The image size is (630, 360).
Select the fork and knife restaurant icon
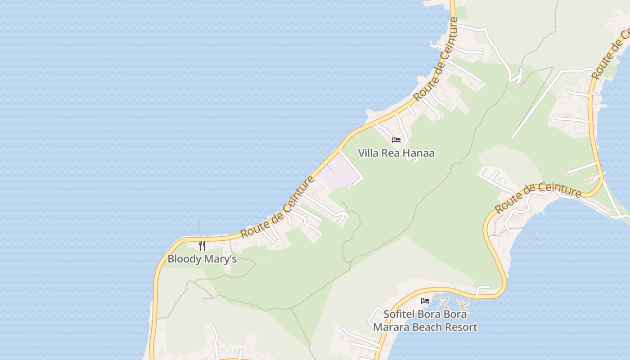(x=202, y=246)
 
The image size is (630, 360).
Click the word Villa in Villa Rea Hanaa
(x=368, y=153)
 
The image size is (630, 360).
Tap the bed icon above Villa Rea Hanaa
(x=396, y=140)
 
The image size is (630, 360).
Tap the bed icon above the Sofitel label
(x=425, y=301)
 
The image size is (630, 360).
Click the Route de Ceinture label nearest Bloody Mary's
(x=278, y=207)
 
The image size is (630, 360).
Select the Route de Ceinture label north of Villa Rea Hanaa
(x=436, y=59)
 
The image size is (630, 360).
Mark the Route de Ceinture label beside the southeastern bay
(x=538, y=197)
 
